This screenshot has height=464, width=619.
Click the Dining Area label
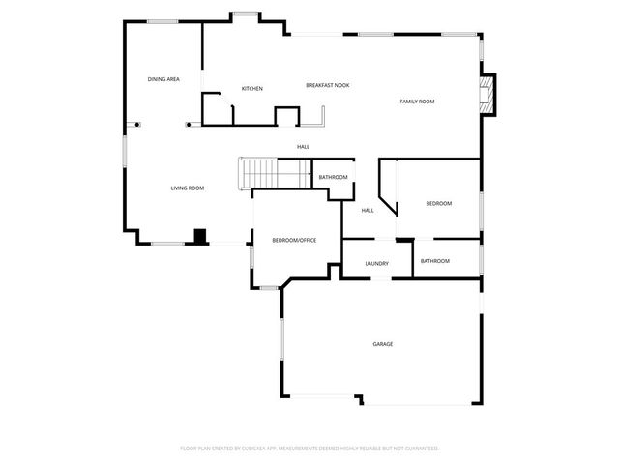[x=163, y=79]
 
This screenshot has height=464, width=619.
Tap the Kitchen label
[x=251, y=89]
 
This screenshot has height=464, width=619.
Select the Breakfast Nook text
[x=328, y=85]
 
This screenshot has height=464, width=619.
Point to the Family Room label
[x=418, y=101]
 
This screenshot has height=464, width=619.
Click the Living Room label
[x=187, y=188]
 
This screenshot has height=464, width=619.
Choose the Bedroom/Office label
[x=294, y=240]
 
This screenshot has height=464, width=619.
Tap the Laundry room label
[x=377, y=263]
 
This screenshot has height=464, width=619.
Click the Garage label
[x=383, y=344]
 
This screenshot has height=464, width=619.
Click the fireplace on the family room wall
[x=487, y=95]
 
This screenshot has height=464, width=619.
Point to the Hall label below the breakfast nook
[x=304, y=147]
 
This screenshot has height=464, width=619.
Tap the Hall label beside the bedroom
[x=368, y=210]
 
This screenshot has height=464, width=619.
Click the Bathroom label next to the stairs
[x=333, y=177]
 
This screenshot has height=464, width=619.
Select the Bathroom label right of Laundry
[x=434, y=261]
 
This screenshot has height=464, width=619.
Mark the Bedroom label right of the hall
[x=439, y=203]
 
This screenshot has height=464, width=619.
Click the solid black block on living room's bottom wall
[x=200, y=235]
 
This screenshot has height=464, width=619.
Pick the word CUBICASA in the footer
[x=255, y=449]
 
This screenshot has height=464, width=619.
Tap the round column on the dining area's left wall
[x=136, y=124]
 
